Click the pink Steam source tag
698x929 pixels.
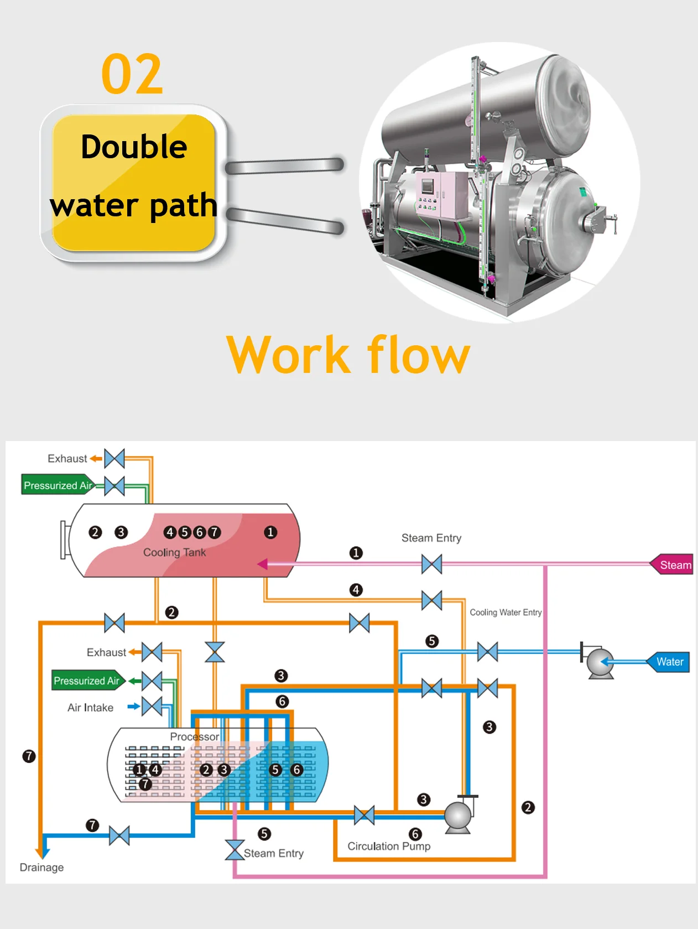tap(673, 565)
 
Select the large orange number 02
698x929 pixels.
tap(132, 74)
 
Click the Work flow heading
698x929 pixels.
tap(348, 355)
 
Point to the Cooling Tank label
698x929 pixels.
tap(174, 552)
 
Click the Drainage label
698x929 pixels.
tap(41, 868)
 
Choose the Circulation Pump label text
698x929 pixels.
tap(389, 847)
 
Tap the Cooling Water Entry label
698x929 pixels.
tap(506, 613)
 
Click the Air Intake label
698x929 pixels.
tap(90, 708)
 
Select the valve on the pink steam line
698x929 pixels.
tap(431, 564)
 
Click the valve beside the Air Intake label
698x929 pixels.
tap(152, 707)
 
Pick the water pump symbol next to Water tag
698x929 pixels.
tap(600, 662)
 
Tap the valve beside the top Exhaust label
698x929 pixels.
tap(114, 459)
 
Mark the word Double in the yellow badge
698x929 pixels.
tap(134, 147)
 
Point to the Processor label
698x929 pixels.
tap(194, 737)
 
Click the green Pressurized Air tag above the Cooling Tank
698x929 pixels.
tap(57, 485)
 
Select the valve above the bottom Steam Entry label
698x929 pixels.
tap(235, 850)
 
